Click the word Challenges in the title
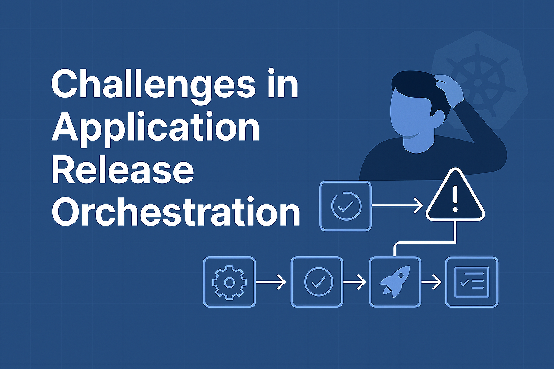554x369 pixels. click(153, 85)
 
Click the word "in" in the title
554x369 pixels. click(283, 85)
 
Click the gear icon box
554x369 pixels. click(229, 282)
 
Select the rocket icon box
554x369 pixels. click(395, 282)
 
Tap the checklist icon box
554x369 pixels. click(472, 282)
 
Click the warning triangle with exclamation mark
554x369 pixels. click(455, 197)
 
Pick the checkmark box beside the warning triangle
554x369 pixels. click(346, 206)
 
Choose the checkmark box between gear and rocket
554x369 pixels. click(317, 282)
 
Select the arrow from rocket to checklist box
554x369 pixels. click(431, 282)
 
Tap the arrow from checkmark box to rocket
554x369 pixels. click(355, 282)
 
